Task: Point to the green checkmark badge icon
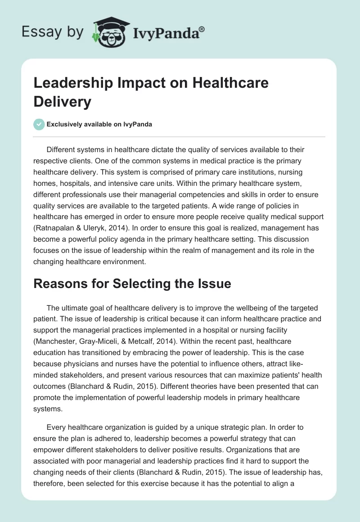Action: [39, 124]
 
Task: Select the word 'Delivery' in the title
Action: [62, 101]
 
